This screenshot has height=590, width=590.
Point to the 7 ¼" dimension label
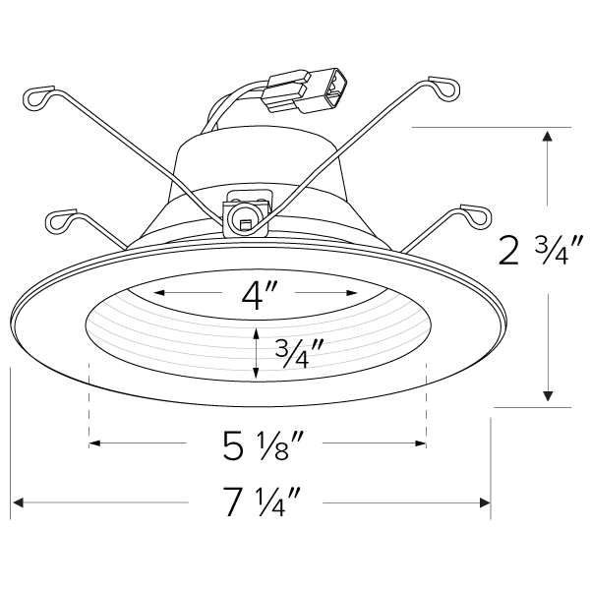260,503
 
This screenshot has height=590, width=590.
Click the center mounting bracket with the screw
244,214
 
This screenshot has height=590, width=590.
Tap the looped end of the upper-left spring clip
35,96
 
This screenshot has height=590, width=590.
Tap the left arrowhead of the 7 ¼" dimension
17,503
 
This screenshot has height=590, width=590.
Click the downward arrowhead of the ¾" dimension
256,374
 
